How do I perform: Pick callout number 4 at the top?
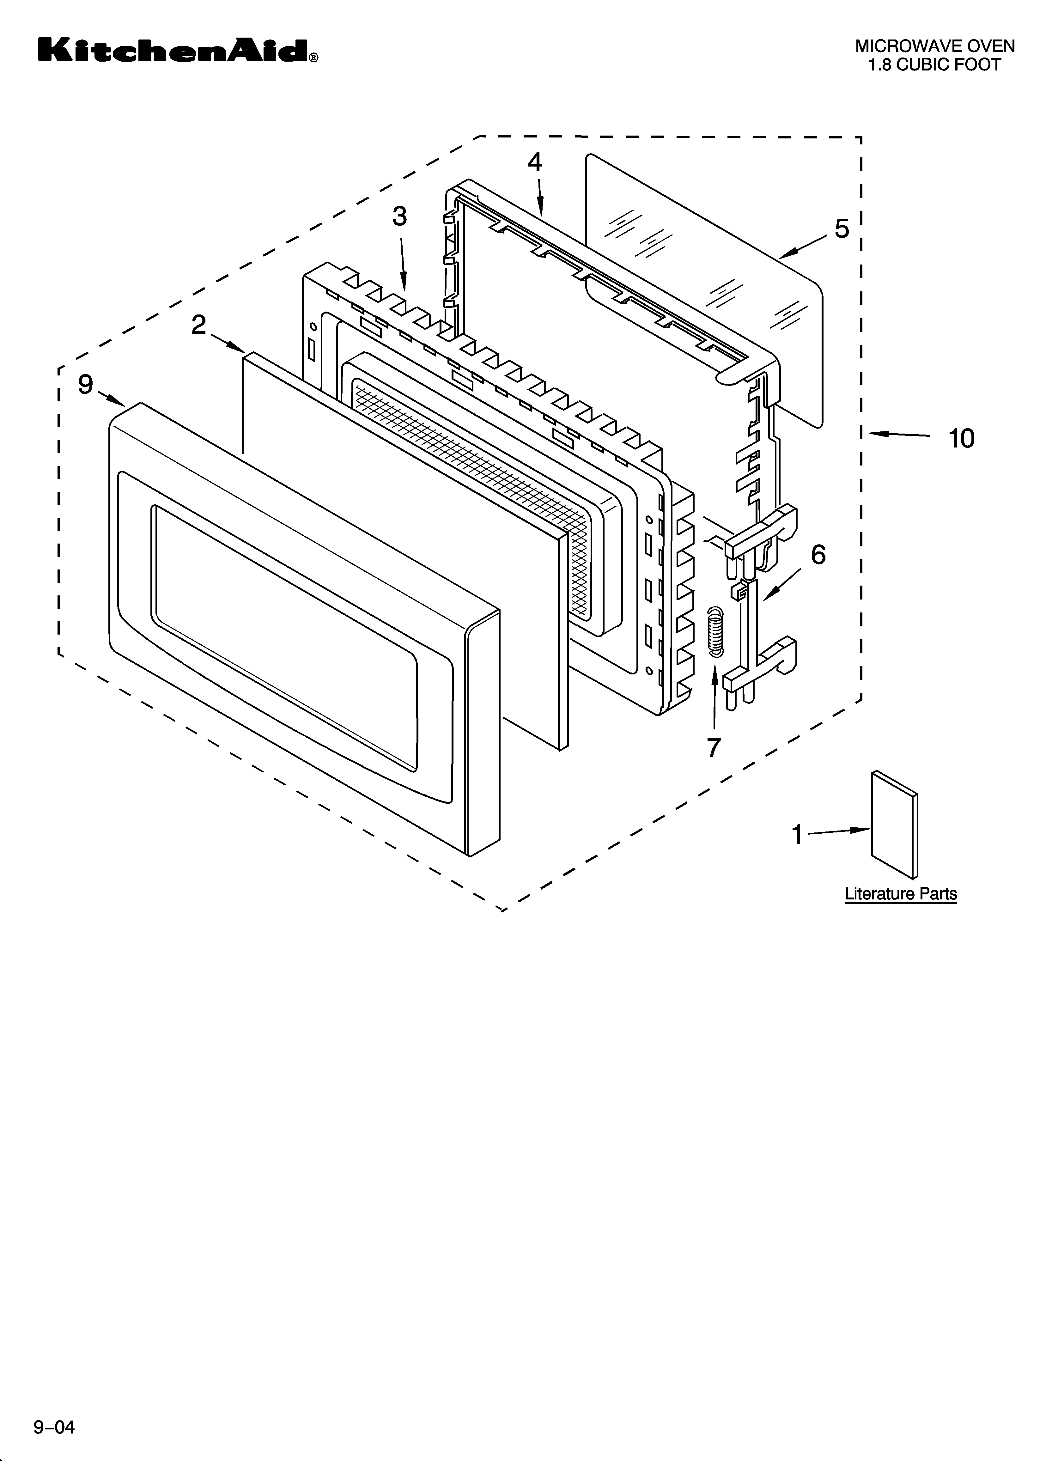coord(535,162)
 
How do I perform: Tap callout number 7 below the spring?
coord(713,747)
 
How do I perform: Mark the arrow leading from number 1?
coord(838,832)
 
